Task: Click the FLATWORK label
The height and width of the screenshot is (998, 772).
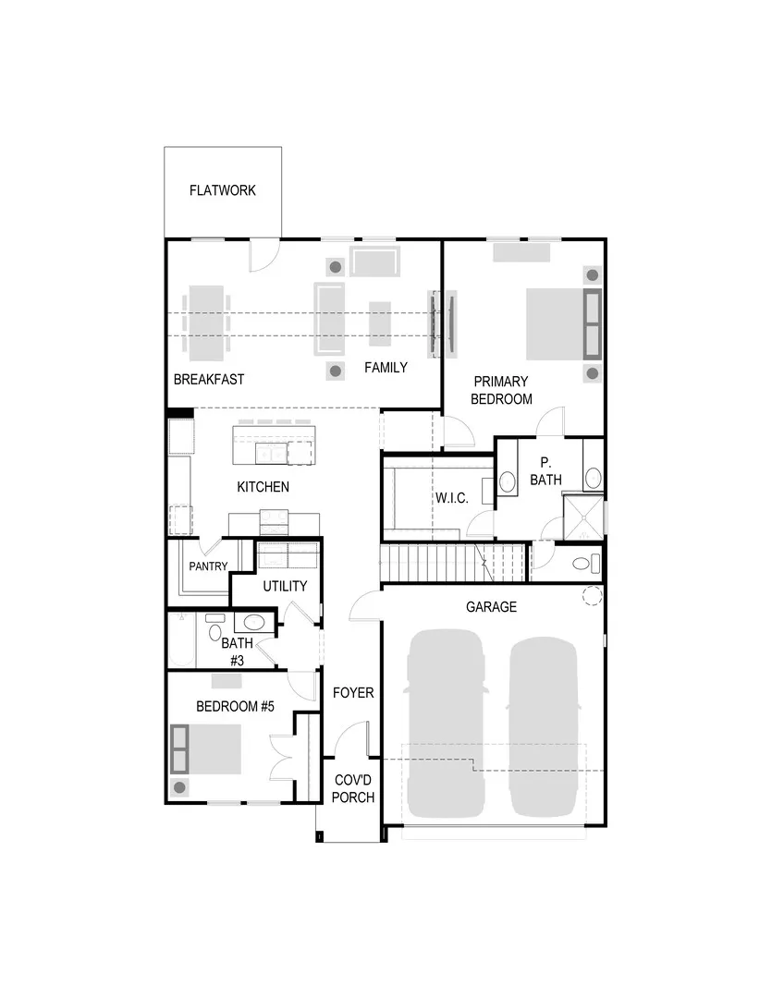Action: (x=222, y=191)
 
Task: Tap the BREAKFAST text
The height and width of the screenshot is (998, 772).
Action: (x=209, y=379)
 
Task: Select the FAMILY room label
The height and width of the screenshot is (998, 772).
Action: (x=386, y=368)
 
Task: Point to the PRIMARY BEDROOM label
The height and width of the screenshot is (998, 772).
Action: (x=501, y=390)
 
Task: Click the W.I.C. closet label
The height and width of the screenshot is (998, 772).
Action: (x=452, y=498)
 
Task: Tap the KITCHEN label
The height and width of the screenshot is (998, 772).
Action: (x=263, y=487)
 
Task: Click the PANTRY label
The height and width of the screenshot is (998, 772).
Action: (x=208, y=566)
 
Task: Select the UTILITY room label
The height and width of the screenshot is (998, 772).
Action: (x=285, y=586)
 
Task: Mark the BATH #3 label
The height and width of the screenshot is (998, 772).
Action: (x=237, y=651)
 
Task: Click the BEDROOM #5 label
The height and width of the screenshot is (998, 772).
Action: (x=236, y=707)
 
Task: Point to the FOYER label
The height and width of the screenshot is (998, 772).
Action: (x=353, y=692)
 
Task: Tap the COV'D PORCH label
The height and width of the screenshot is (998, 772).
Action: (x=353, y=788)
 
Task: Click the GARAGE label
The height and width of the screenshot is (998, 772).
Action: (x=491, y=607)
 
